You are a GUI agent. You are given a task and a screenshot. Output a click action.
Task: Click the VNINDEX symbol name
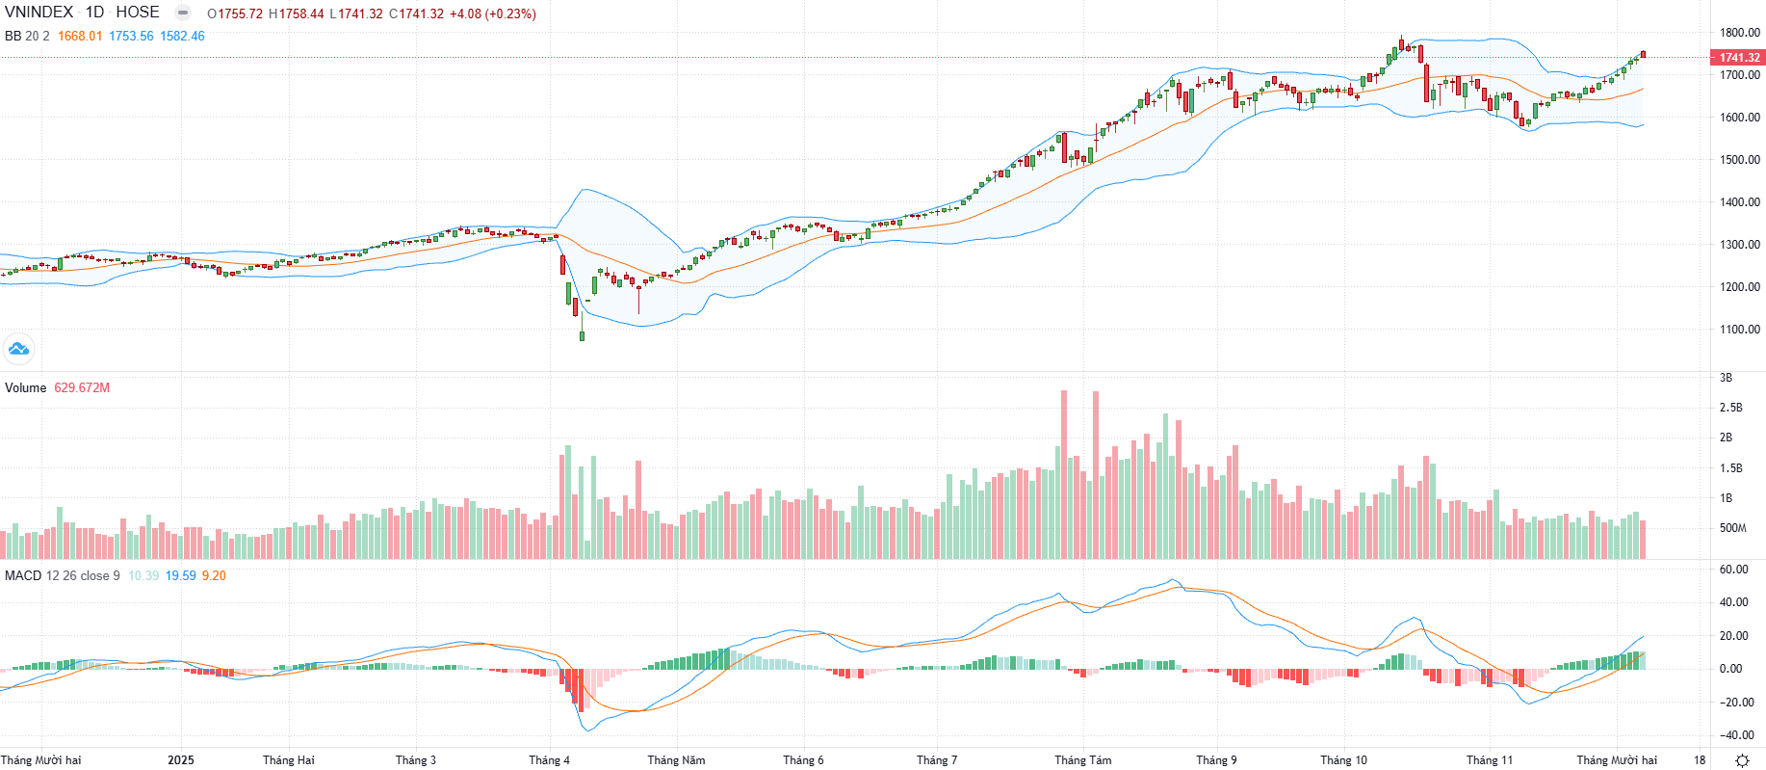[x=39, y=13]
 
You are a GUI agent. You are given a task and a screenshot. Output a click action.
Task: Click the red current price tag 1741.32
[x=1739, y=58]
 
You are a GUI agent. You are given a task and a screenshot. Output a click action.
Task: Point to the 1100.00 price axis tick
[x=1740, y=330]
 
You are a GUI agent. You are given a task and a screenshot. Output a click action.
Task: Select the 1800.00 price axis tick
[x=1740, y=33]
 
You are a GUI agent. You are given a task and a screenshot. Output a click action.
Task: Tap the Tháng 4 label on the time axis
[x=549, y=760]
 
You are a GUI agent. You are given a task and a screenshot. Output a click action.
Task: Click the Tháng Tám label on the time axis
[x=1082, y=760]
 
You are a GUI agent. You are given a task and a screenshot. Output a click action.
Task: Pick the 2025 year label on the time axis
[x=180, y=760]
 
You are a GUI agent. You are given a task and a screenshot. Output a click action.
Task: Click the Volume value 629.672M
[x=82, y=388]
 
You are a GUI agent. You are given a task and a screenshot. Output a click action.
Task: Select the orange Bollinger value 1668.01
[x=80, y=37]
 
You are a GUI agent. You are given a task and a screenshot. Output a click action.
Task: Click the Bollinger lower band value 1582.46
[x=182, y=37]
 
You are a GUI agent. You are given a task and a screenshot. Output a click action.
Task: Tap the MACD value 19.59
[x=180, y=576]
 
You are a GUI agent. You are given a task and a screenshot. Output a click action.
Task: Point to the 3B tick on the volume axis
[x=1726, y=378]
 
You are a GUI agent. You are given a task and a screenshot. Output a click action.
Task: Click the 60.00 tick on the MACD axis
[x=1733, y=570]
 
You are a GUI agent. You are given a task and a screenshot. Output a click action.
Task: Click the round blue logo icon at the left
[x=18, y=349]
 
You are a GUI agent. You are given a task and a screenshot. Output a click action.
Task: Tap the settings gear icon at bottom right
[x=1742, y=760]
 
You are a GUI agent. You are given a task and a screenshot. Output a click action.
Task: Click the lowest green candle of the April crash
[x=582, y=335]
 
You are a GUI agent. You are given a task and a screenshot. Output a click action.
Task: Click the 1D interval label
[x=94, y=13]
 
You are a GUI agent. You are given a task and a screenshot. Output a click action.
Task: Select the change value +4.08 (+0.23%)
[x=492, y=14]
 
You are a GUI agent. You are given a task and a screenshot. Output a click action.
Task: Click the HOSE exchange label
[x=138, y=13]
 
